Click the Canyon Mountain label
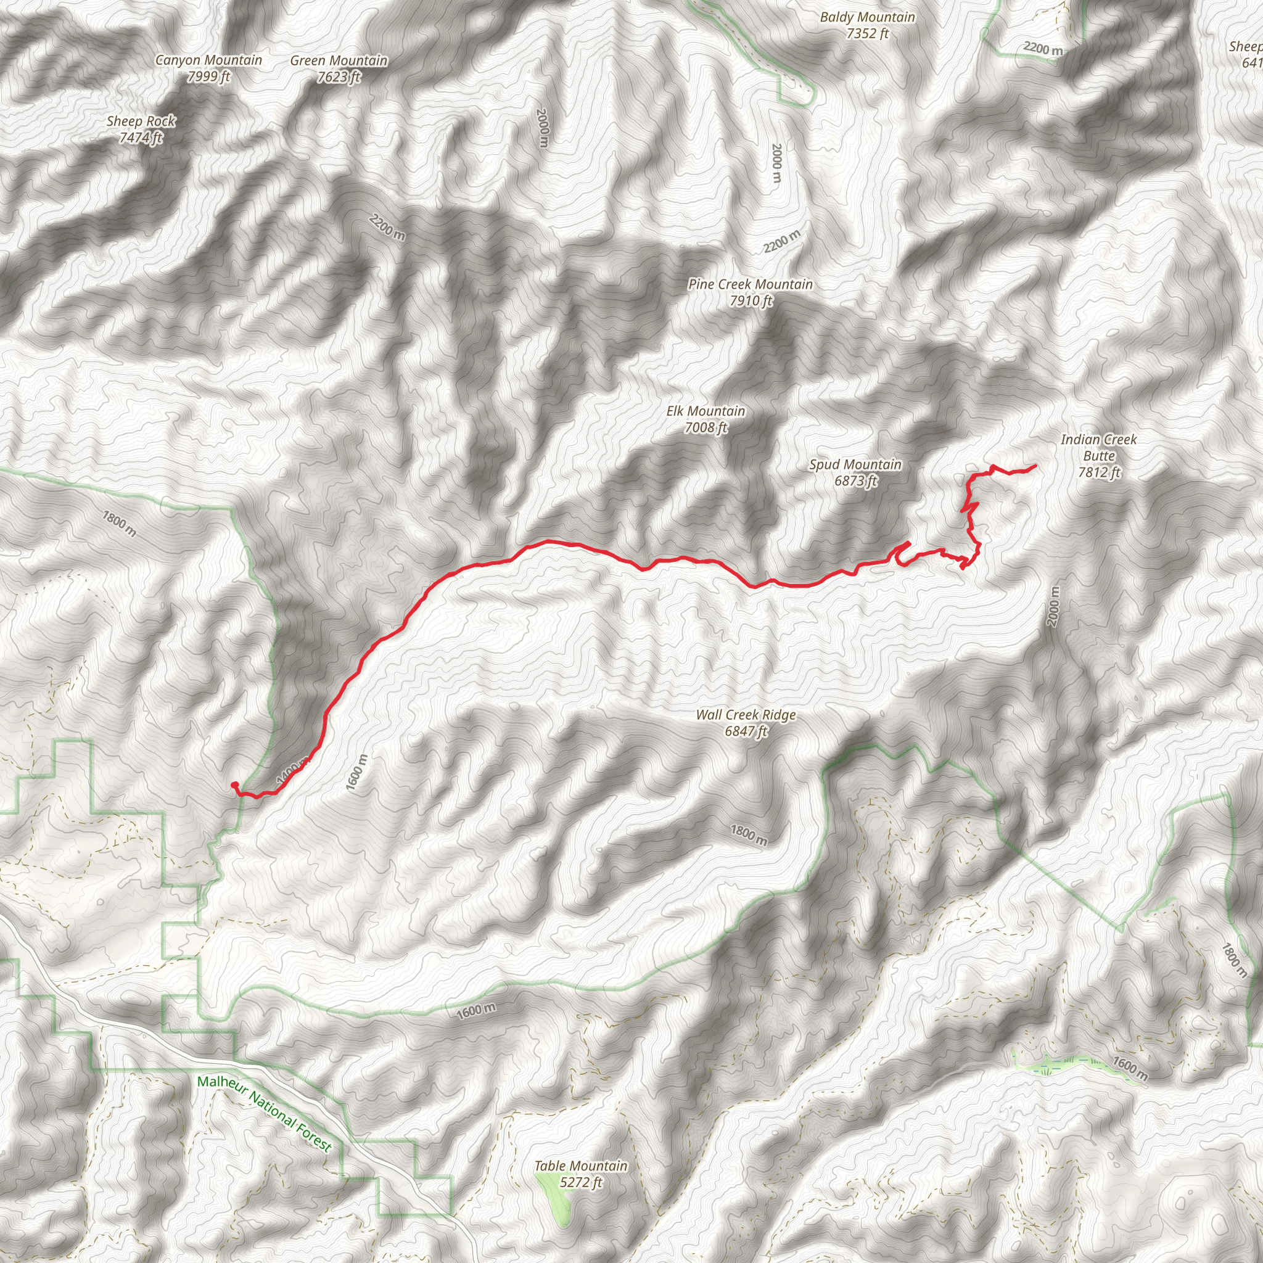[208, 60]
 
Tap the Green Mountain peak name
[339, 61]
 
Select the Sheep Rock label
[141, 121]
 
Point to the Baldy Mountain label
[867, 18]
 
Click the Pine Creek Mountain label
[751, 284]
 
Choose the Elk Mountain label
[706, 411]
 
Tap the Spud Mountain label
[855, 465]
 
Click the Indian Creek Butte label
[1098, 448]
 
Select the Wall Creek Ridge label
[746, 715]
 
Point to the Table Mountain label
[580, 1166]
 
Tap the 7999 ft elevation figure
[208, 76]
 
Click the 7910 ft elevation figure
[751, 301]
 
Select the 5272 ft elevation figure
[580, 1183]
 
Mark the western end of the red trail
[234, 784]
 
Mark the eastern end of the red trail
[1035, 466]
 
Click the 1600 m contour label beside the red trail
[357, 772]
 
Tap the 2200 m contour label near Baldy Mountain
[1043, 48]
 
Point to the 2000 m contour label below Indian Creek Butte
[1052, 606]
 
